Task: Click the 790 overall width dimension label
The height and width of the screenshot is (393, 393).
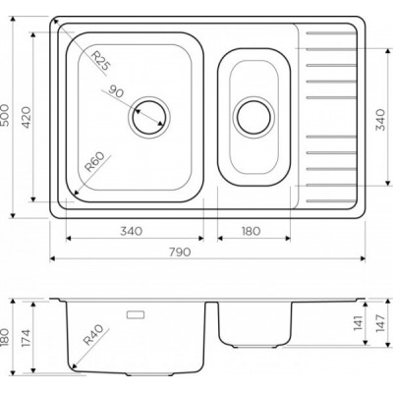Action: click(x=180, y=252)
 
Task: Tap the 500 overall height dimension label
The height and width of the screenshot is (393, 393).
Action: click(x=5, y=115)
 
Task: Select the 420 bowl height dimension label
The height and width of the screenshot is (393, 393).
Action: click(x=26, y=117)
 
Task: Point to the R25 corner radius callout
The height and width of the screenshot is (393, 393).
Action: click(x=100, y=61)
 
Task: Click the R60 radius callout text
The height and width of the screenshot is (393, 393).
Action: click(x=94, y=162)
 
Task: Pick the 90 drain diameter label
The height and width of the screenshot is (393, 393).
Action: click(x=116, y=91)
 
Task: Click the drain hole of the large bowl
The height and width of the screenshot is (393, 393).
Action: click(x=149, y=117)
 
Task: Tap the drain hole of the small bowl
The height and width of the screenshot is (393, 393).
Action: click(x=253, y=117)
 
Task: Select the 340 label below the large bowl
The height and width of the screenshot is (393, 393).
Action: click(x=131, y=231)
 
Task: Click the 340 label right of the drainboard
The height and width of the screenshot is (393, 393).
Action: click(x=380, y=120)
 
